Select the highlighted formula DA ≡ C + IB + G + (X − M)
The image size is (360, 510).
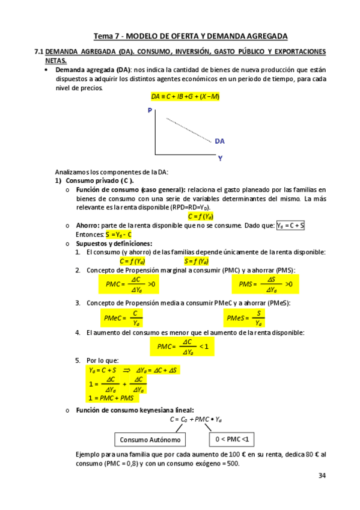tap(185, 97)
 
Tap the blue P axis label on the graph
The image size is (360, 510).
tap(149, 111)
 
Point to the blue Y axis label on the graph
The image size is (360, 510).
tap(221, 159)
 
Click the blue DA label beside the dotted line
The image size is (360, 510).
tap(219, 141)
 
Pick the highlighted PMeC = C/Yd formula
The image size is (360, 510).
tap(122, 318)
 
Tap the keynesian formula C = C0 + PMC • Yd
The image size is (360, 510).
tap(196, 419)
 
